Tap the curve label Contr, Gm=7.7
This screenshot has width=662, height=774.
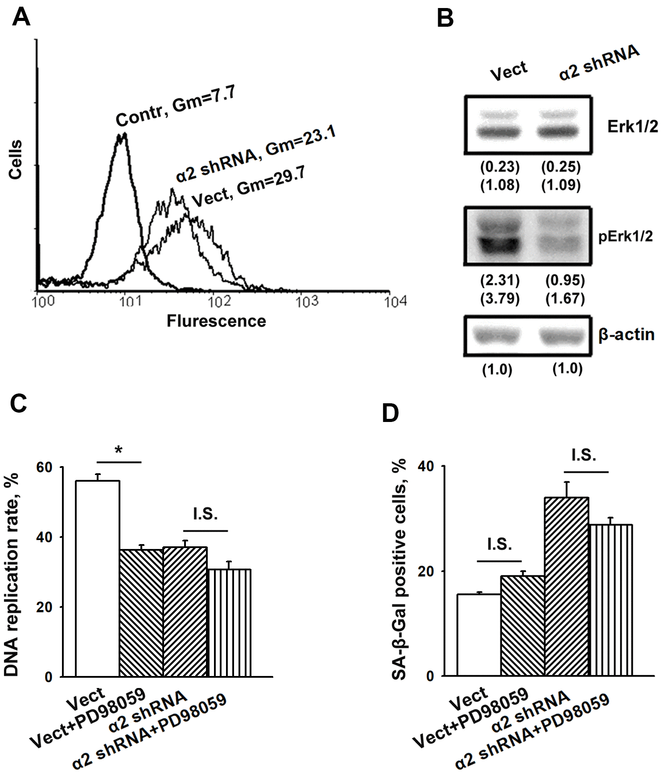(175, 106)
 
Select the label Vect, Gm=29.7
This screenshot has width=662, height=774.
(248, 188)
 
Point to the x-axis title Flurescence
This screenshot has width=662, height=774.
(216, 321)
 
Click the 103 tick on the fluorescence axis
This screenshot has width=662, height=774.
(307, 302)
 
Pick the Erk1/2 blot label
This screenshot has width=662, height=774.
(632, 127)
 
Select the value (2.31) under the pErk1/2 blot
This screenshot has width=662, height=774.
(500, 280)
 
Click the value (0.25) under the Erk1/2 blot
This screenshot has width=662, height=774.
(561, 167)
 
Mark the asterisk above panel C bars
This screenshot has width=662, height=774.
(119, 450)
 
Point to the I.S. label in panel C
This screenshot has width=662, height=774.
(206, 515)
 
